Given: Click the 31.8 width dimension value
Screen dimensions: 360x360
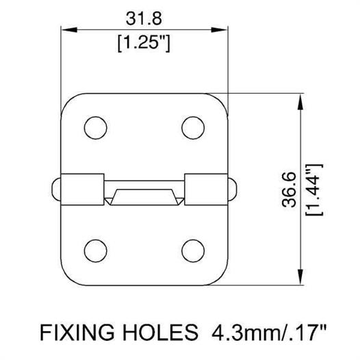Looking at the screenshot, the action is coord(144,19).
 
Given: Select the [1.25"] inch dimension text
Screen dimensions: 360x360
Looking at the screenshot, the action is coord(144,44).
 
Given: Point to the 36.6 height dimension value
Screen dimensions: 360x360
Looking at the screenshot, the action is coord(290,190).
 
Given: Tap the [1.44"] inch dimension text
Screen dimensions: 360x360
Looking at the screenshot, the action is coord(314,190).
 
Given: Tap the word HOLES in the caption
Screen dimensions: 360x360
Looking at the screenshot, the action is coord(160,332).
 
